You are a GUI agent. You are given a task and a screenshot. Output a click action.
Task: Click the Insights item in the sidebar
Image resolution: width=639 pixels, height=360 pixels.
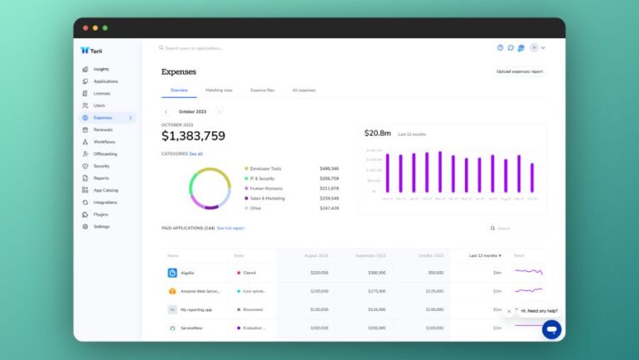(101, 69)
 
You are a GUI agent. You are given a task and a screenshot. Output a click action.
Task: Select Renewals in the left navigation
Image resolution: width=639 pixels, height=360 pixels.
(104, 130)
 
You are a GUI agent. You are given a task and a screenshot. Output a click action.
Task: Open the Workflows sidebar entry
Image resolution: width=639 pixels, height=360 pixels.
(104, 142)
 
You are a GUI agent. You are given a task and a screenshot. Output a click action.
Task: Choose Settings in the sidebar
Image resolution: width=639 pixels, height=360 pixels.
(102, 226)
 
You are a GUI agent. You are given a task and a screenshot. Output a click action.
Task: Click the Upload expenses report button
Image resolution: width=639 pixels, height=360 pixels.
(519, 72)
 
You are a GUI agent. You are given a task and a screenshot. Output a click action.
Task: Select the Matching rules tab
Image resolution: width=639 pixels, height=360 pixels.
(219, 90)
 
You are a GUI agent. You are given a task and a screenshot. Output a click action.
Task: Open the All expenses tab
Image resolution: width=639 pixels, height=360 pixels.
(304, 90)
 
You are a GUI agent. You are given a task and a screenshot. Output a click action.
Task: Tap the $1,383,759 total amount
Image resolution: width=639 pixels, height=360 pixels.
(193, 136)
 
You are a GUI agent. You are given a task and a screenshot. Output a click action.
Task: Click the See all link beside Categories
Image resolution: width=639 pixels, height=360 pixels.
(196, 154)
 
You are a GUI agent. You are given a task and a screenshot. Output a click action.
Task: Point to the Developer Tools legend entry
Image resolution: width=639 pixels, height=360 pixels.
(265, 169)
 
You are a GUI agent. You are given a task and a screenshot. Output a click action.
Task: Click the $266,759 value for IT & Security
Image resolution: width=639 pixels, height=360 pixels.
(329, 179)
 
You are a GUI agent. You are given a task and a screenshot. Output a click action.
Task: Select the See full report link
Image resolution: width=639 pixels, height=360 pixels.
(230, 228)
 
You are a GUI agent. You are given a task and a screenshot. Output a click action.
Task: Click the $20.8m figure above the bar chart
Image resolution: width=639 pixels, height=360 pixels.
(378, 133)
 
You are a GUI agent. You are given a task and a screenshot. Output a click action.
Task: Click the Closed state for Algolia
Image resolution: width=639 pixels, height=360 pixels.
(249, 273)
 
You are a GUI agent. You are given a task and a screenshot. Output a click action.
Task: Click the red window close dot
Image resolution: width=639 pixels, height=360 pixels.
(85, 27)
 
